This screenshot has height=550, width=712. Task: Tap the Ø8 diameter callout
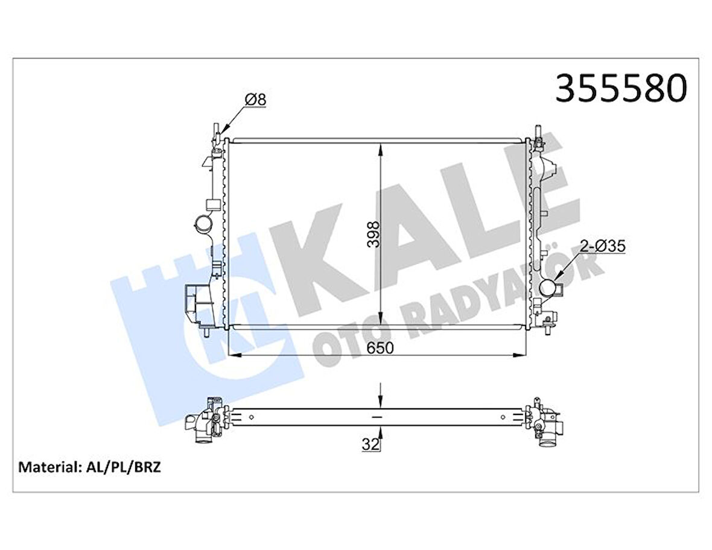pos(254,100)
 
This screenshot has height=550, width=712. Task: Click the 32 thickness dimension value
pos(371,446)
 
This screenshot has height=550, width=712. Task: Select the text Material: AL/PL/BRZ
pos(90,467)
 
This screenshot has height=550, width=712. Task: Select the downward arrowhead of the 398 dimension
pos(380,323)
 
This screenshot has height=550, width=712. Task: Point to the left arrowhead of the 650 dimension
pos(233,355)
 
